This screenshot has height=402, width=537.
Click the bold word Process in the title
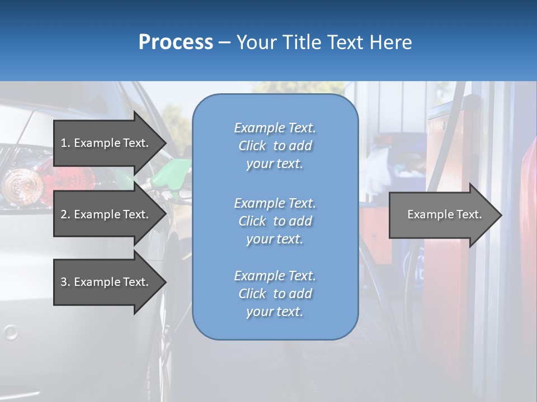pos(176,42)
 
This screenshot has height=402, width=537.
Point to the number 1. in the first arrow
pos(65,143)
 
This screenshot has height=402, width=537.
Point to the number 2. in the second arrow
pos(65,214)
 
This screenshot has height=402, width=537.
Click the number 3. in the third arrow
pos(65,282)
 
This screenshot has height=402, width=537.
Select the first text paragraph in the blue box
pos(275,146)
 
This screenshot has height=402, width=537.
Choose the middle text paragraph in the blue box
pos(275,221)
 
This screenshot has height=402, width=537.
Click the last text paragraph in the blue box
pos(275,294)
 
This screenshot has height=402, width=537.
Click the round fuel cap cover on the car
pos(10,333)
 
